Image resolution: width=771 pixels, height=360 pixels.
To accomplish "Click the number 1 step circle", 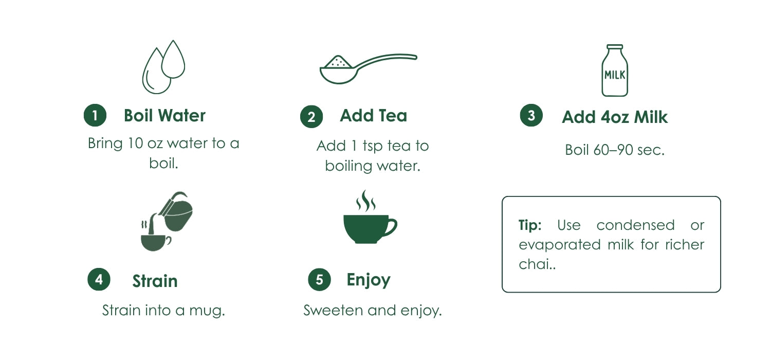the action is click(x=95, y=115).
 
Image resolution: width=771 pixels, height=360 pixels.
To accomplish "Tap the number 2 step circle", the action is click(x=311, y=117).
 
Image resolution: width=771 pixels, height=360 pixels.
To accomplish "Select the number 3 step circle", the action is click(x=531, y=115).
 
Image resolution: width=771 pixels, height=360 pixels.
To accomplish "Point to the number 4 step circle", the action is click(x=99, y=279).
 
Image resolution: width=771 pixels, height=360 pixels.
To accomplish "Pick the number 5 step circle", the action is click(x=319, y=280).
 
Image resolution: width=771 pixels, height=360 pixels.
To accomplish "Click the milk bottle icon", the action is click(x=615, y=70).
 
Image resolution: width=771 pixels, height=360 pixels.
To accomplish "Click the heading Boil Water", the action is click(x=164, y=115).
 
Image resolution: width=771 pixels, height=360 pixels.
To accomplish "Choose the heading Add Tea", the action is click(x=374, y=115).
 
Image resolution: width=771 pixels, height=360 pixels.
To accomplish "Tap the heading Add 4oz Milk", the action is click(x=615, y=117).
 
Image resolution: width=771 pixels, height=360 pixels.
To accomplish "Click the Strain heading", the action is click(x=155, y=281).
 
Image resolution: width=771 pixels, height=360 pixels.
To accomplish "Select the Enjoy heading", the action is click(x=369, y=280).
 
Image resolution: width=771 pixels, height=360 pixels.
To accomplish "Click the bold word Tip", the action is click(x=530, y=225).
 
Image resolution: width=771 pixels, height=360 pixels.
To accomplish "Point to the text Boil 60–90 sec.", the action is click(x=615, y=150).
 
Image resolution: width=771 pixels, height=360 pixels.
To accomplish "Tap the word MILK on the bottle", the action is click(x=615, y=75).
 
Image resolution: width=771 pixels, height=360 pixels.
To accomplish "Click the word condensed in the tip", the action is click(x=635, y=225).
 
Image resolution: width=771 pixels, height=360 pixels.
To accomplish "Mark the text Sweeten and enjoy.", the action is click(x=373, y=311).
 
